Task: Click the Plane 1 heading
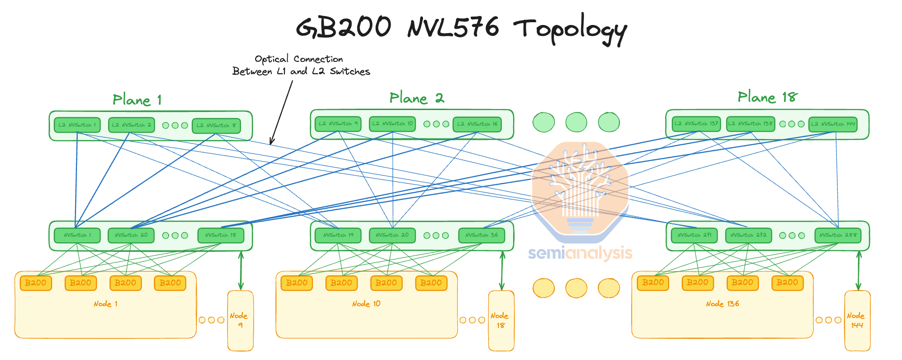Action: coord(137,100)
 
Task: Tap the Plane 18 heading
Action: coord(767,97)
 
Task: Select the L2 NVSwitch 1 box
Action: coord(77,125)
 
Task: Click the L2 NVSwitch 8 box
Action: coord(216,126)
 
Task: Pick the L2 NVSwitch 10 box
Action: coord(392,124)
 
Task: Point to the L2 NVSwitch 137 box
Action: coord(696,124)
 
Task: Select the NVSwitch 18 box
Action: coord(221,235)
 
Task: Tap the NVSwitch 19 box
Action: coord(338,235)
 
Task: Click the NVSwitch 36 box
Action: coord(481,235)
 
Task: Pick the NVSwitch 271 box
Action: coord(694,235)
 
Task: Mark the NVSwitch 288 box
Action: coord(838,235)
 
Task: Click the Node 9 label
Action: coord(239,320)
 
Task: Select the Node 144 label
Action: coord(856,320)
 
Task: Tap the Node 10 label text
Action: coord(366,304)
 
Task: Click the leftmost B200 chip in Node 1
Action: coord(36,283)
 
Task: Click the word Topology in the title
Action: coord(570,28)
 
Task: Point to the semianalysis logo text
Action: coord(580,253)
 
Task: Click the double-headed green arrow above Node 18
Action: coord(502,271)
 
